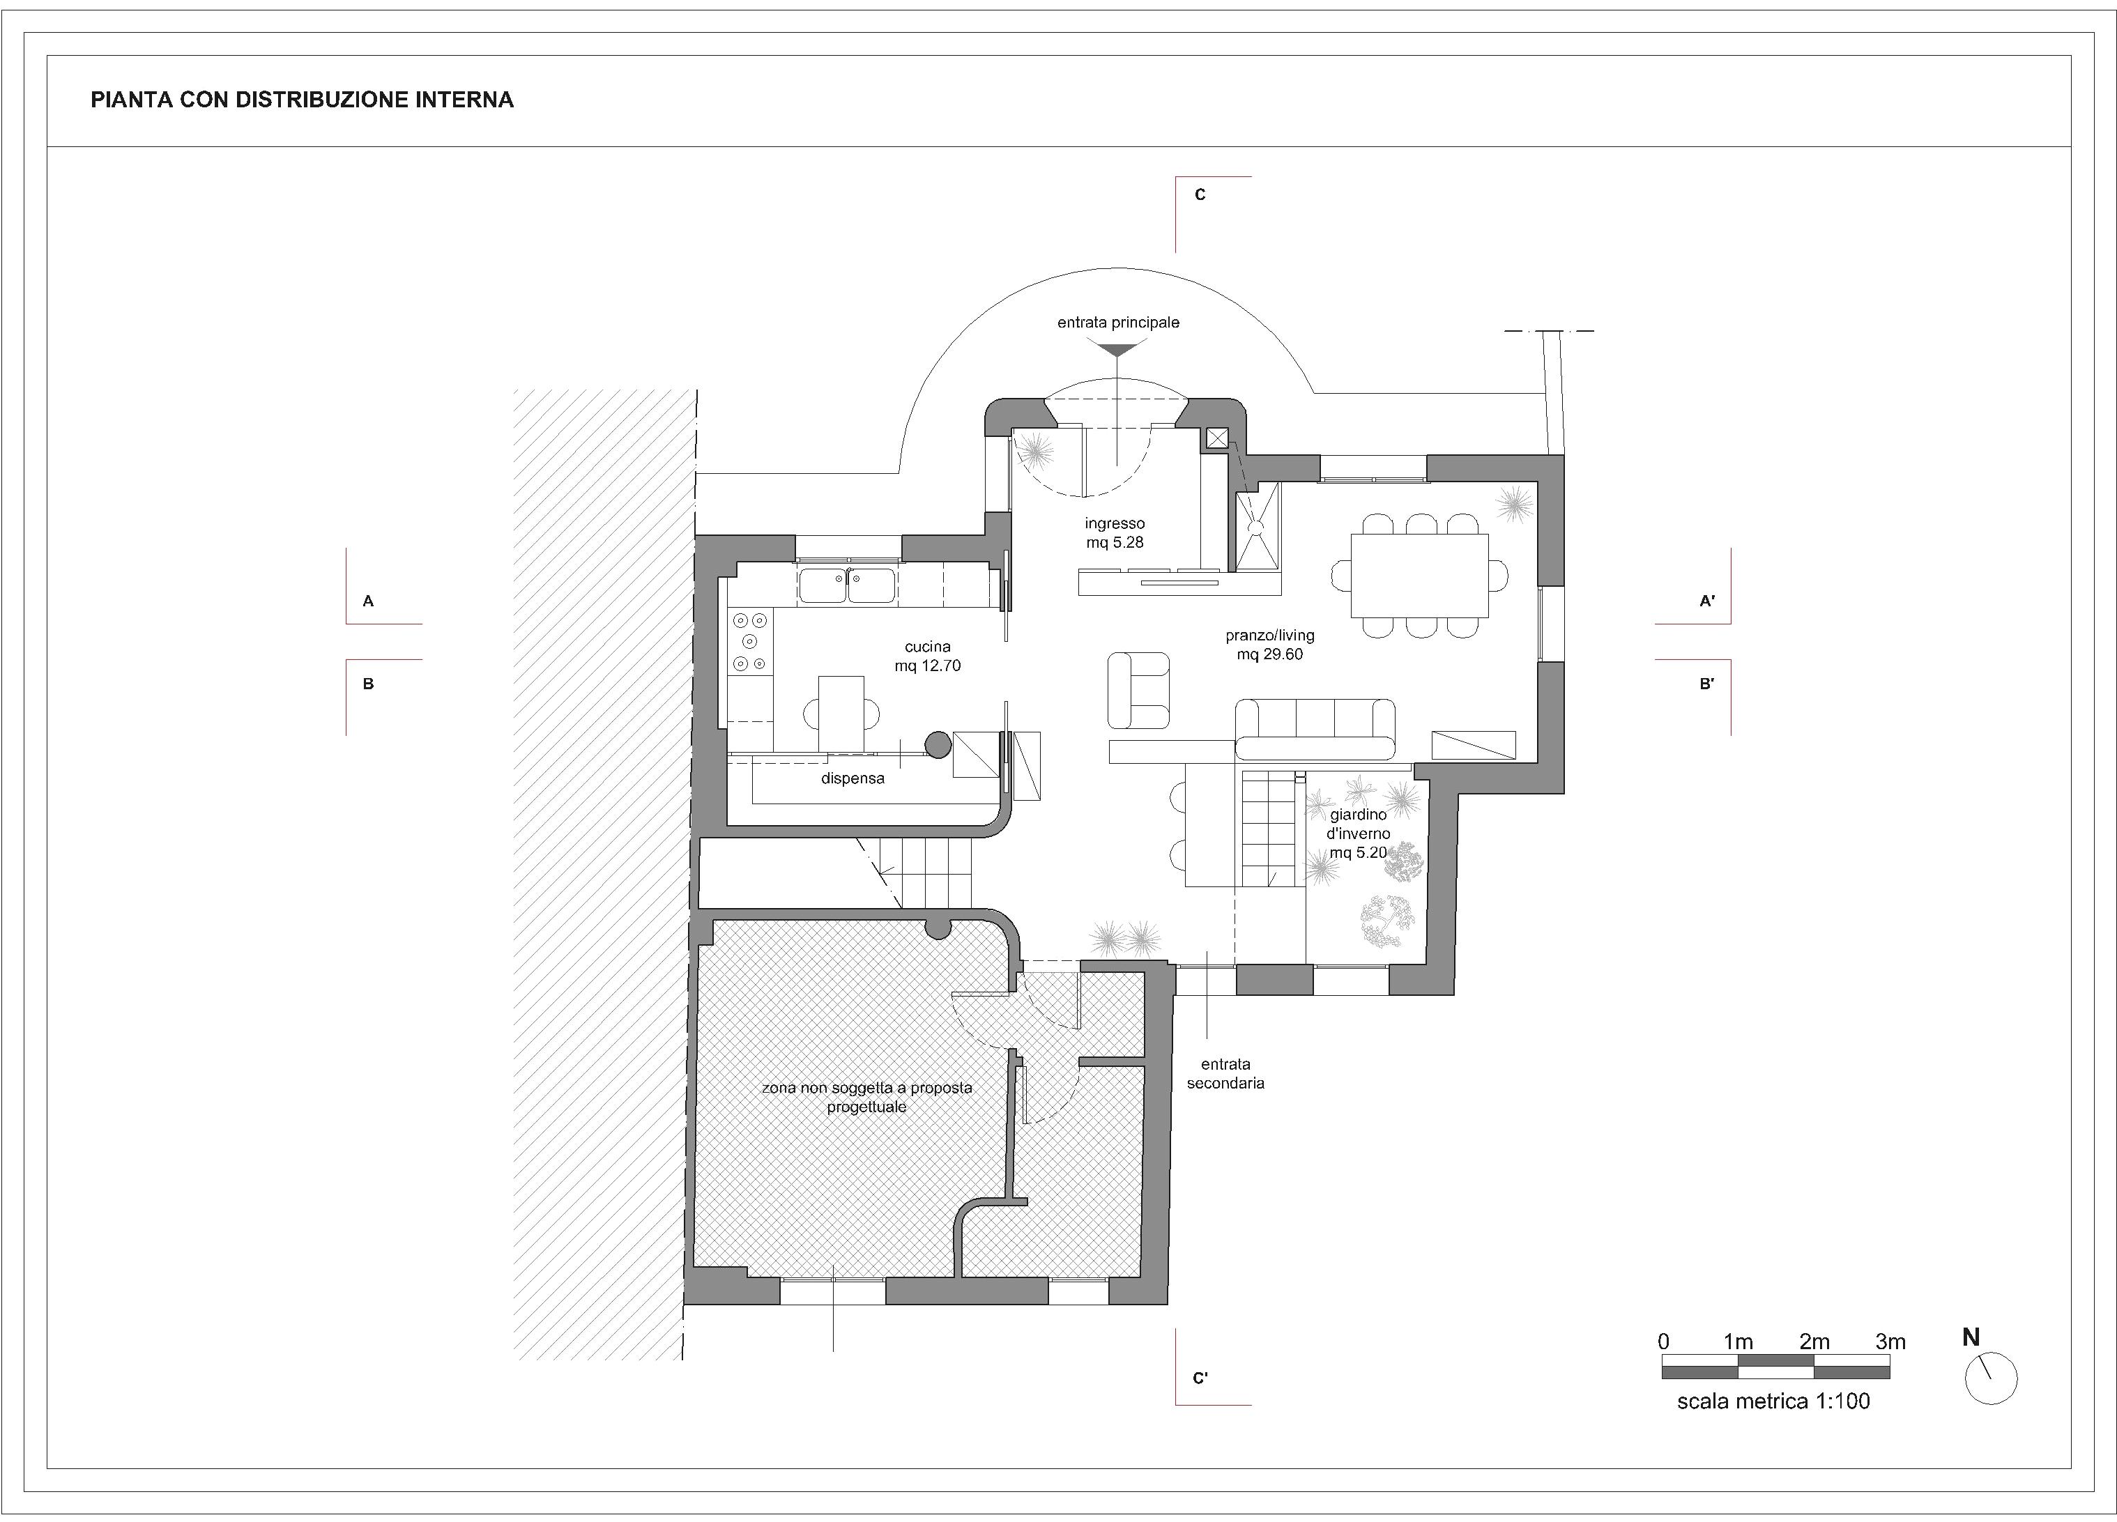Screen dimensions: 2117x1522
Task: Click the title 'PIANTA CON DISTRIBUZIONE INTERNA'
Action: pos(302,100)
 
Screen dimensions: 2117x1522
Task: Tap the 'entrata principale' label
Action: pos(1118,323)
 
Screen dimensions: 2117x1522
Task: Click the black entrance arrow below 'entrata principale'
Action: pos(1118,349)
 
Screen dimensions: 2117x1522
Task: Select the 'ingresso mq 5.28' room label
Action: pos(1115,533)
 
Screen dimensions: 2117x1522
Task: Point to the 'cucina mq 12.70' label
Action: pos(927,656)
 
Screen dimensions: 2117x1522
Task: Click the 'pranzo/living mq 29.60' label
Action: pos(1269,645)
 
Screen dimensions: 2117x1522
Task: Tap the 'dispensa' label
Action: pos(853,778)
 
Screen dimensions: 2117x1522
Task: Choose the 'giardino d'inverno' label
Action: pos(1359,824)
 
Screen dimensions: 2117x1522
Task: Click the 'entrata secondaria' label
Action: pos(1225,1073)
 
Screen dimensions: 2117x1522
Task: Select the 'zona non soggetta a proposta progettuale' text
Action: pos(867,1098)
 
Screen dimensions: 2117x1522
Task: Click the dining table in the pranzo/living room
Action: pos(1419,576)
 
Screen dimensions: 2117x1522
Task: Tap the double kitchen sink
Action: pos(847,586)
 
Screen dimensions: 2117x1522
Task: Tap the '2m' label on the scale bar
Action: pos(1814,1342)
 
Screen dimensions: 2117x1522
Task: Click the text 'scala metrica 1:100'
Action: pos(1773,1401)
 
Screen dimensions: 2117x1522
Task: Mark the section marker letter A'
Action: pos(1707,602)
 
